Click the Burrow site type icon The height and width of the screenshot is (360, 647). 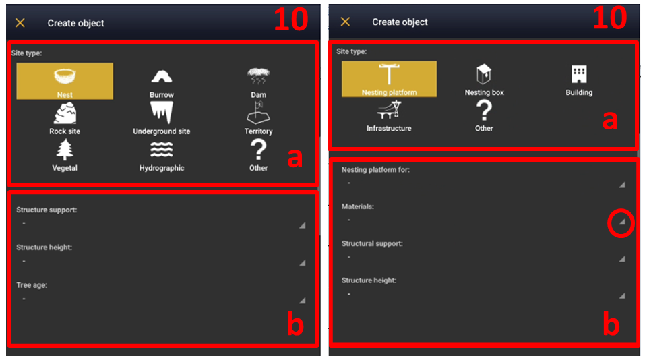click(161, 76)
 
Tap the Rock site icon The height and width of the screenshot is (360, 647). click(65, 113)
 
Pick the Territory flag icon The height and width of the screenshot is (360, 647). click(258, 113)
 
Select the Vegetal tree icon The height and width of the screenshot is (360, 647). click(65, 150)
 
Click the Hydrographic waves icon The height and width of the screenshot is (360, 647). click(161, 150)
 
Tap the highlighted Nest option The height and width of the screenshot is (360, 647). click(65, 81)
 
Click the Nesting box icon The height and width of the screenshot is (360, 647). click(484, 74)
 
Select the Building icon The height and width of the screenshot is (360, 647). click(579, 74)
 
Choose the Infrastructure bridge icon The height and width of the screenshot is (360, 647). click(389, 111)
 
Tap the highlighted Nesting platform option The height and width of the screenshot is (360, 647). click(389, 79)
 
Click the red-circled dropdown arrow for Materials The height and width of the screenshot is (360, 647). click(622, 222)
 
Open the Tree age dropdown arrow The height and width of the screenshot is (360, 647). click(303, 300)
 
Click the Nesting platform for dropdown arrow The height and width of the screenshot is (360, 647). click(622, 185)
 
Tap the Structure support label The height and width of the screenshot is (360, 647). click(47, 210)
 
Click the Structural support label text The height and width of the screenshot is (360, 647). click(372, 243)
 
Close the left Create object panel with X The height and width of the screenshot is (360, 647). click(20, 23)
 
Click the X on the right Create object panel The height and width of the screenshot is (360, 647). click(345, 22)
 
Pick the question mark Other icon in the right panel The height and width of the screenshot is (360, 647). click(484, 111)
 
